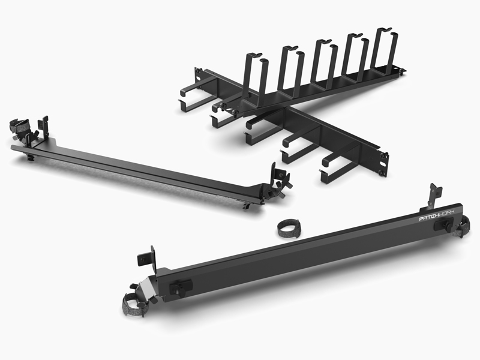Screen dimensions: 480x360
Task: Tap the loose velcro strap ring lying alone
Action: coord(289,228)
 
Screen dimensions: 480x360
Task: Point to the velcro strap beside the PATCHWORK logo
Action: coord(463,227)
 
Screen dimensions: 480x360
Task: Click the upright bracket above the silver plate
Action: coord(148,257)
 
